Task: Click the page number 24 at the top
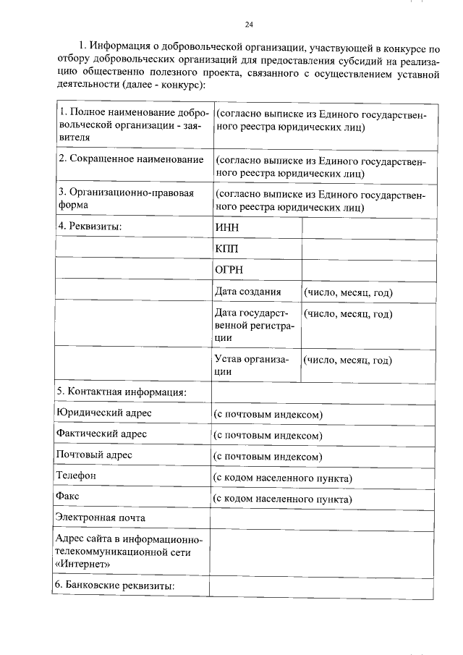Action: (x=248, y=25)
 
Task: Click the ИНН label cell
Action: (x=226, y=227)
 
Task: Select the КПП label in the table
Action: (x=226, y=248)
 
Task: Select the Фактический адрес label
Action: (x=101, y=434)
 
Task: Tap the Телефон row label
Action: (x=75, y=476)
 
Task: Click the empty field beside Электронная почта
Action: (x=322, y=517)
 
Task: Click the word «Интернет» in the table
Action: (x=83, y=563)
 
